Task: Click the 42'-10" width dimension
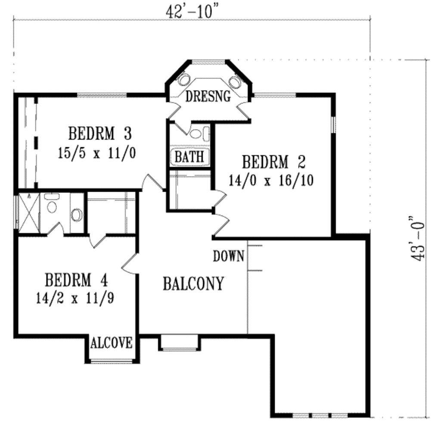point(190,11)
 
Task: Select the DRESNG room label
point(208,96)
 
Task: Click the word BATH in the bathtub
point(189,157)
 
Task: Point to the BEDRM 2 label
point(273,163)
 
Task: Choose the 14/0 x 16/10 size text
point(271,180)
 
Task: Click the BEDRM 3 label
point(99,134)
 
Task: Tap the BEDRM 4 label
point(76,280)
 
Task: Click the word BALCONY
point(193,284)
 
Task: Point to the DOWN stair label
point(229,256)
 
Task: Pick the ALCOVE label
point(112,343)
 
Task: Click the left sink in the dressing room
point(184,81)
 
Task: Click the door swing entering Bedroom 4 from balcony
point(129,264)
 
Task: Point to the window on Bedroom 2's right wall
point(332,124)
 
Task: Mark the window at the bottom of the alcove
point(112,361)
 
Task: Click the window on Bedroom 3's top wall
point(102,95)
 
